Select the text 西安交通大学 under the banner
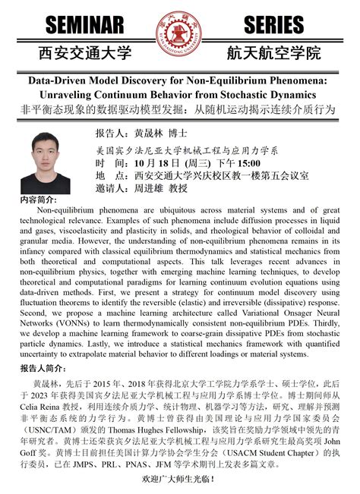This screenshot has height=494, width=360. (x=84, y=54)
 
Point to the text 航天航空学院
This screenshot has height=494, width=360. (x=273, y=54)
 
